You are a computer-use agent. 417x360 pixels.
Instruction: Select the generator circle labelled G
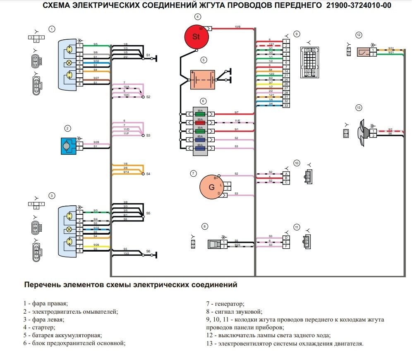tap(212, 187)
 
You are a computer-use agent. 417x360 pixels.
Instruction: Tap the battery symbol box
tap(202, 79)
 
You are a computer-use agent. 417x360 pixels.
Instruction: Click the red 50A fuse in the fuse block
tap(200, 123)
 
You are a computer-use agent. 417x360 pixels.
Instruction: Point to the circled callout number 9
tap(297, 34)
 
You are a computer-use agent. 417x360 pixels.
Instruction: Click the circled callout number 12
tap(359, 35)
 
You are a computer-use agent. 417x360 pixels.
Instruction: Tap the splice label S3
tap(149, 136)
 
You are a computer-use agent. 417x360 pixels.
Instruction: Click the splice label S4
tap(149, 174)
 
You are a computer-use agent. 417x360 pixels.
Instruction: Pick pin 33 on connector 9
tap(286, 106)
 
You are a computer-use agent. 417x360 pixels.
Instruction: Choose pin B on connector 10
tap(286, 178)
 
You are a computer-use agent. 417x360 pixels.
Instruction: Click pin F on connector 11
tap(286, 245)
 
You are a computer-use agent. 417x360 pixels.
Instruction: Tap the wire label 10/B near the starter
tap(237, 26)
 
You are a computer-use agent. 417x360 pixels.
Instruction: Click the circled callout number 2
tap(67, 128)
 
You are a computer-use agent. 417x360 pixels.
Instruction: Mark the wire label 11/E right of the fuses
tap(237, 121)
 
